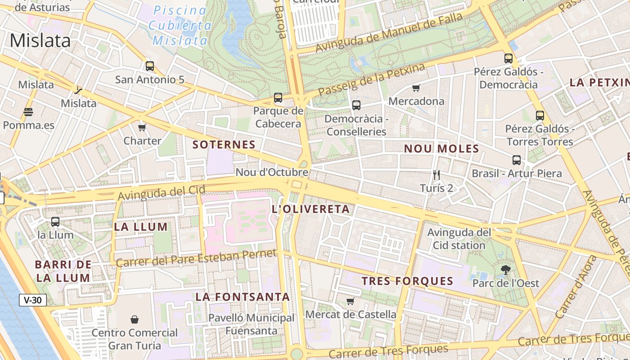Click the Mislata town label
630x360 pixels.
point(40,40)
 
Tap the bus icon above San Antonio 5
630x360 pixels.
point(150,66)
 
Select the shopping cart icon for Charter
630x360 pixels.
point(142,127)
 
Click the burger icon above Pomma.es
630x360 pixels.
point(28,112)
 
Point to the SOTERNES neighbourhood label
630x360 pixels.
point(224,144)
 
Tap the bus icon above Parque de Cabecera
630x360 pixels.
point(278,98)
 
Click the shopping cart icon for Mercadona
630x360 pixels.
point(416,88)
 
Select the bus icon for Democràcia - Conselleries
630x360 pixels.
point(356,105)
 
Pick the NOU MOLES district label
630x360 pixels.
point(441,148)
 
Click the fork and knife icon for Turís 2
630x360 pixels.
point(436,175)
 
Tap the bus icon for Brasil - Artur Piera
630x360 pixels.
point(517,160)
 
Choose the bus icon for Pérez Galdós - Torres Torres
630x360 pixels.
point(540,116)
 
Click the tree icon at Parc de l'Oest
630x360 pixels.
point(506,270)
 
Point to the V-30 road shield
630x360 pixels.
point(33,300)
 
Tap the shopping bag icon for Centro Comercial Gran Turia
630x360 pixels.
point(135,319)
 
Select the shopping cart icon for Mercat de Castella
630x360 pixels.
point(351,301)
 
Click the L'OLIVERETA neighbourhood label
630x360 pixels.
point(311,209)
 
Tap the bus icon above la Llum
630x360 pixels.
point(55,221)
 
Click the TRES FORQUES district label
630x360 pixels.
point(408,281)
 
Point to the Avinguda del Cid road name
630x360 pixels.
point(162,193)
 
